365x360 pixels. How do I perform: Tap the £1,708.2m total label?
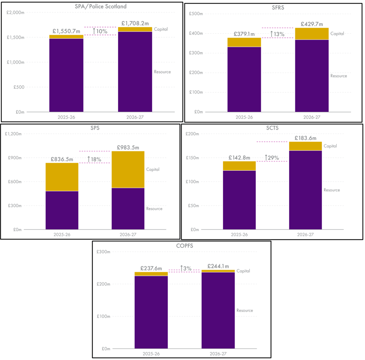(135, 23)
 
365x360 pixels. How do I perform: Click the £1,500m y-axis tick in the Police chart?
(16, 38)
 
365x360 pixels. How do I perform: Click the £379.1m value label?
(244, 34)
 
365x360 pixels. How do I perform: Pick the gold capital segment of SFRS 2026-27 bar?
(312, 34)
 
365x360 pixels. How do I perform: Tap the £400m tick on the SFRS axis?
(197, 33)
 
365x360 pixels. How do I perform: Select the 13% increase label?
(278, 34)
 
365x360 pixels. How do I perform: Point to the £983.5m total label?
(128, 147)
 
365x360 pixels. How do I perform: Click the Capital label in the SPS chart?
(153, 169)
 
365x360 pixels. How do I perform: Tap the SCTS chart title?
(272, 128)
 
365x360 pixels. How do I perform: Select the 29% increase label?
(272, 158)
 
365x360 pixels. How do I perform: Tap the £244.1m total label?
(218, 266)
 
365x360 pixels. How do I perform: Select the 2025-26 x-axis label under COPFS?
(151, 353)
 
